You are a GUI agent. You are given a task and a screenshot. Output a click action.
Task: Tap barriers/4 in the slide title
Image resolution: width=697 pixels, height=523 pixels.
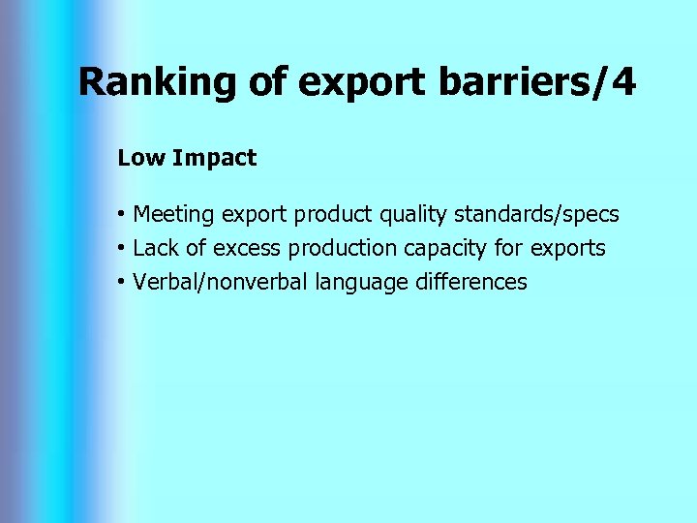pos(537,83)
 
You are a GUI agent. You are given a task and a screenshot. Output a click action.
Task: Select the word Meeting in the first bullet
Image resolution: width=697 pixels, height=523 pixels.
pos(175,213)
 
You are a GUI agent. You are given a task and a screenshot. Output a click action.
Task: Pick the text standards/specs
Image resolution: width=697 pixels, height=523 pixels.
pos(537,213)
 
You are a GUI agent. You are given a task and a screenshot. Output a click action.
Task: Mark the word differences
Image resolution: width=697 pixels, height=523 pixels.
pos(470,282)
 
